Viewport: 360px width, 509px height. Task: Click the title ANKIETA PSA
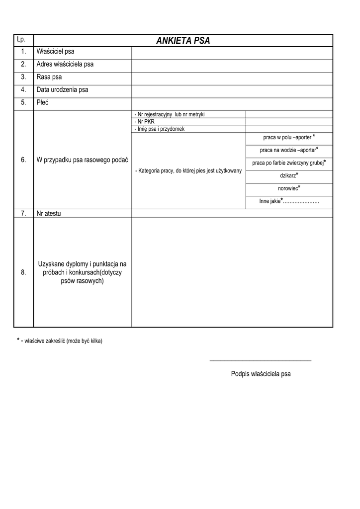183,41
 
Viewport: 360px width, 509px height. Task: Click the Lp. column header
21,39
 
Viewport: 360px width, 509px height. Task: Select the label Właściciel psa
55,52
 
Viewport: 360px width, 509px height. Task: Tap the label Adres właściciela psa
65,65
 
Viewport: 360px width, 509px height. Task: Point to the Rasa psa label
49,78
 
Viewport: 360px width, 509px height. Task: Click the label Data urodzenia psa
62,90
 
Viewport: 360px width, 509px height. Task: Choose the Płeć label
43,103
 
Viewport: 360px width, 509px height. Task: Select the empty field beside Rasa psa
232,78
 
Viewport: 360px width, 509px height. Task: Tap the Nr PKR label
145,121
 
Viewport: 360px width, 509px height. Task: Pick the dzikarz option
289,175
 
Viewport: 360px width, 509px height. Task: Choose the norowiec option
289,188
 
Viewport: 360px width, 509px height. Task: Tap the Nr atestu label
52,213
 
